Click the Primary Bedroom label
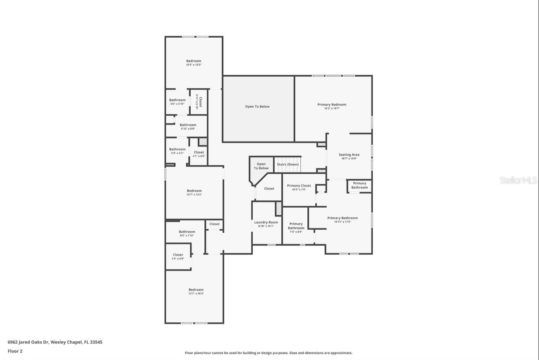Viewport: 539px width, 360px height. click(332, 105)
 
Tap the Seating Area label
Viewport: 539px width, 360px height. click(349, 155)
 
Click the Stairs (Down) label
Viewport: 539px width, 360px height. click(287, 164)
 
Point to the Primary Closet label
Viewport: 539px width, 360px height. click(299, 186)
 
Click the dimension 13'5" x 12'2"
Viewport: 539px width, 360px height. click(194, 65)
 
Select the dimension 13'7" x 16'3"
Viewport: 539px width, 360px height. click(196, 293)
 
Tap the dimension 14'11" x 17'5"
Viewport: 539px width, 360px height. click(343, 222)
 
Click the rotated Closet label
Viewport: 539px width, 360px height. click(201, 102)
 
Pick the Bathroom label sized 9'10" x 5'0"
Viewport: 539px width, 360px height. click(188, 125)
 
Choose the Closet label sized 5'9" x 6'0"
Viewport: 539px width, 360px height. click(178, 255)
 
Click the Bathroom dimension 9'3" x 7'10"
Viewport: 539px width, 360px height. click(187, 235)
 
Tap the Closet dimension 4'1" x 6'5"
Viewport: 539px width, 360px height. click(199, 156)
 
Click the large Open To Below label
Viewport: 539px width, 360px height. click(257, 107)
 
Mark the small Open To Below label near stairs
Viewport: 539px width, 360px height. click(261, 166)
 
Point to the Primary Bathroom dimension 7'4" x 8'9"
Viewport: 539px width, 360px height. click(296, 232)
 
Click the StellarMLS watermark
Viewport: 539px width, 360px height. click(518, 180)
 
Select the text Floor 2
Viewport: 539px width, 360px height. click(15, 351)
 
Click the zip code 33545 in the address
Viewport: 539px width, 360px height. click(96, 342)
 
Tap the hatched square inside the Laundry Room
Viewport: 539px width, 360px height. click(279, 209)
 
